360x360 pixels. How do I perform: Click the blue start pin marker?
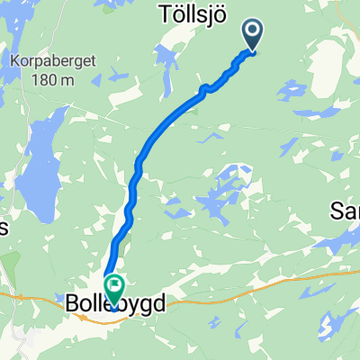point(253,34)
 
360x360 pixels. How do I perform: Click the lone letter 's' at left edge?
point(4,228)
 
